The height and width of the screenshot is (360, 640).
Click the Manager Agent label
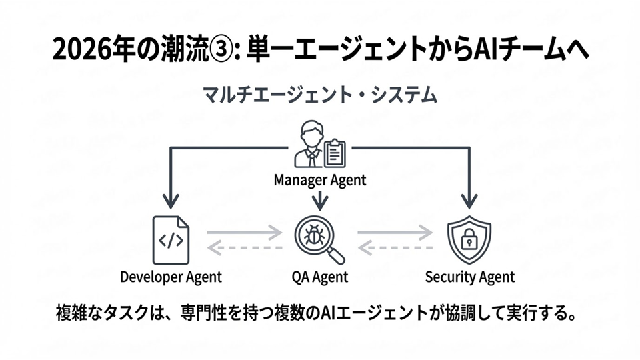pyautogui.click(x=320, y=179)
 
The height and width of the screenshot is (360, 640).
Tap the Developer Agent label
pyautogui.click(x=171, y=277)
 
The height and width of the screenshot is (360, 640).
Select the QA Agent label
pyautogui.click(x=320, y=277)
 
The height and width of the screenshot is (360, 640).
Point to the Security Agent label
pyautogui.click(x=470, y=277)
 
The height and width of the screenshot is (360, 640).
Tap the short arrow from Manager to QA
pyautogui.click(x=320, y=198)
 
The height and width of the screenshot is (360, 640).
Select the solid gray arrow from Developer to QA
pyautogui.click(x=245, y=233)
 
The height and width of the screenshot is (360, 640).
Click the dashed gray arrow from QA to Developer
pyautogui.click(x=245, y=248)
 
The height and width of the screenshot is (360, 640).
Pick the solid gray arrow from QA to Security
pyautogui.click(x=395, y=233)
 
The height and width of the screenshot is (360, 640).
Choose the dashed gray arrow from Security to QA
pyautogui.click(x=395, y=248)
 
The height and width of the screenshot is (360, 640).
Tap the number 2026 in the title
pyautogui.click(x=79, y=51)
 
